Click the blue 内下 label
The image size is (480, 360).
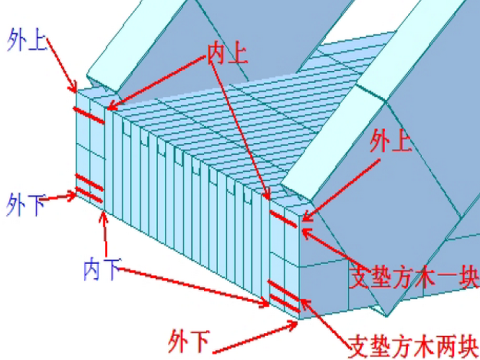pos(101,270)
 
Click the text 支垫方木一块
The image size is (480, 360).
pos(414,277)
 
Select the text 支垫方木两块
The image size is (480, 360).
pos(414,345)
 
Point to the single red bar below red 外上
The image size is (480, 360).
pos(285,219)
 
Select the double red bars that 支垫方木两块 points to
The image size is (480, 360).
pos(284,296)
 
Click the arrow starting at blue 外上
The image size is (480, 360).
pos(62,63)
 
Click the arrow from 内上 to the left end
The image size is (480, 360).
pos(161,83)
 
